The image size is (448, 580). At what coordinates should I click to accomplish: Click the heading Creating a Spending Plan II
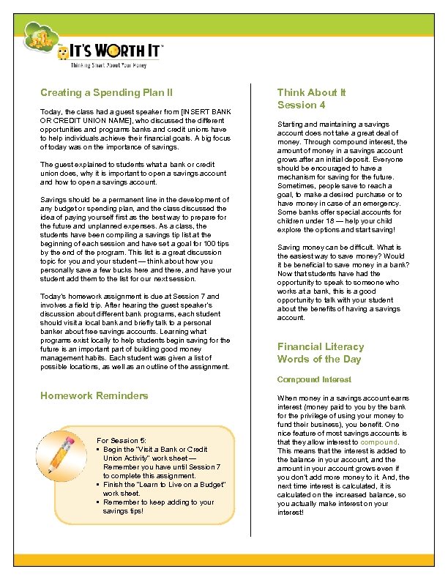pos(106,93)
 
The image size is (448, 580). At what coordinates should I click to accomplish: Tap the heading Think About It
pos(311,93)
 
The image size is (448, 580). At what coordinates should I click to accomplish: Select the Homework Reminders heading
pos(94,395)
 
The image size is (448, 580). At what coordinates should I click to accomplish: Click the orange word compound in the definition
pos(378,442)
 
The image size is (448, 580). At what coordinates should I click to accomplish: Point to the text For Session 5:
pos(122,440)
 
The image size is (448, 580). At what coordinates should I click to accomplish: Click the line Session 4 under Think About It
pos(301,105)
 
